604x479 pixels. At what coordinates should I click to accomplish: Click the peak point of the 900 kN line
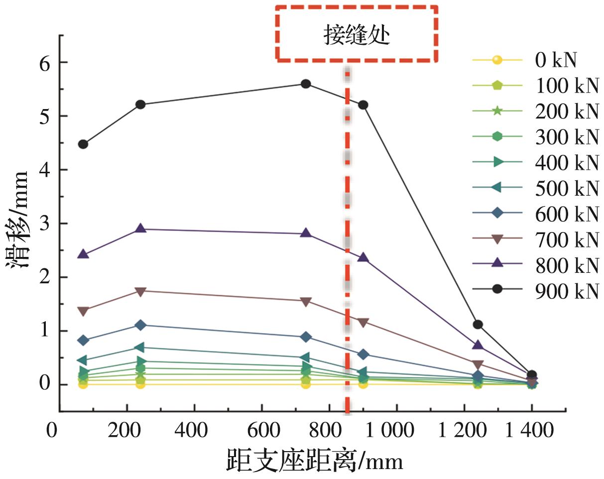pos(306,84)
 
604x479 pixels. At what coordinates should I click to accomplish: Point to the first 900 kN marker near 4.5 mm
pos(83,144)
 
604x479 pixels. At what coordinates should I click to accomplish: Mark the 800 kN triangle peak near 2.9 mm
pos(140,229)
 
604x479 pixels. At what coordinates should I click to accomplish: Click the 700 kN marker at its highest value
pos(140,291)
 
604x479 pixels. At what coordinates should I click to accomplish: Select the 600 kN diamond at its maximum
pos(140,325)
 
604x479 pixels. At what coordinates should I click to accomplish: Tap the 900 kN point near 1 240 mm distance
pos(478,325)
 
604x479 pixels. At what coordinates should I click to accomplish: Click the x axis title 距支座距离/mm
pos(314,461)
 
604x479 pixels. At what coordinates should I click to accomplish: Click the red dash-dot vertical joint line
pos(348,249)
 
